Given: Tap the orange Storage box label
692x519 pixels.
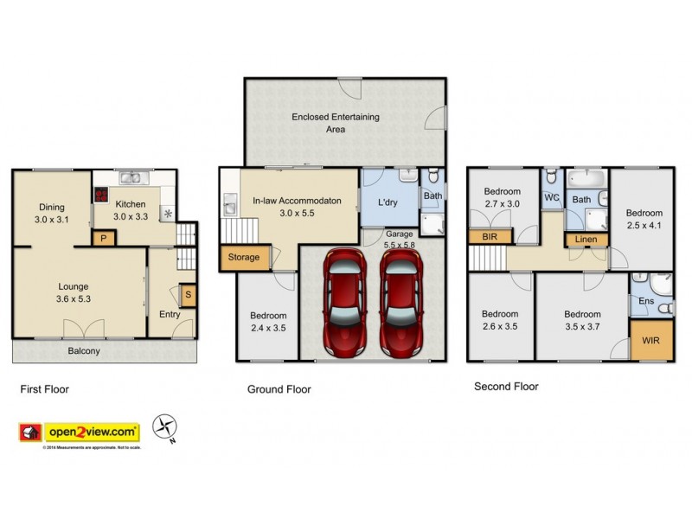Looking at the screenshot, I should [x=243, y=257].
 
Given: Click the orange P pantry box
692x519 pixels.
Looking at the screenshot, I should [x=104, y=238].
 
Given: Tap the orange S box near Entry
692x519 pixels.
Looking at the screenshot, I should [x=188, y=294].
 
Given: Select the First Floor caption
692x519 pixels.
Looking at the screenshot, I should [x=44, y=389].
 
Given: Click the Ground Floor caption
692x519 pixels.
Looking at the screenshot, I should [x=279, y=389].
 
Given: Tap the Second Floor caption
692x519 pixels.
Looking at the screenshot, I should [x=506, y=387].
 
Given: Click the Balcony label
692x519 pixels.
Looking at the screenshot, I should [x=85, y=351].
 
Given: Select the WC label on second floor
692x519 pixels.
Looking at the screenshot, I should [x=552, y=197].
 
